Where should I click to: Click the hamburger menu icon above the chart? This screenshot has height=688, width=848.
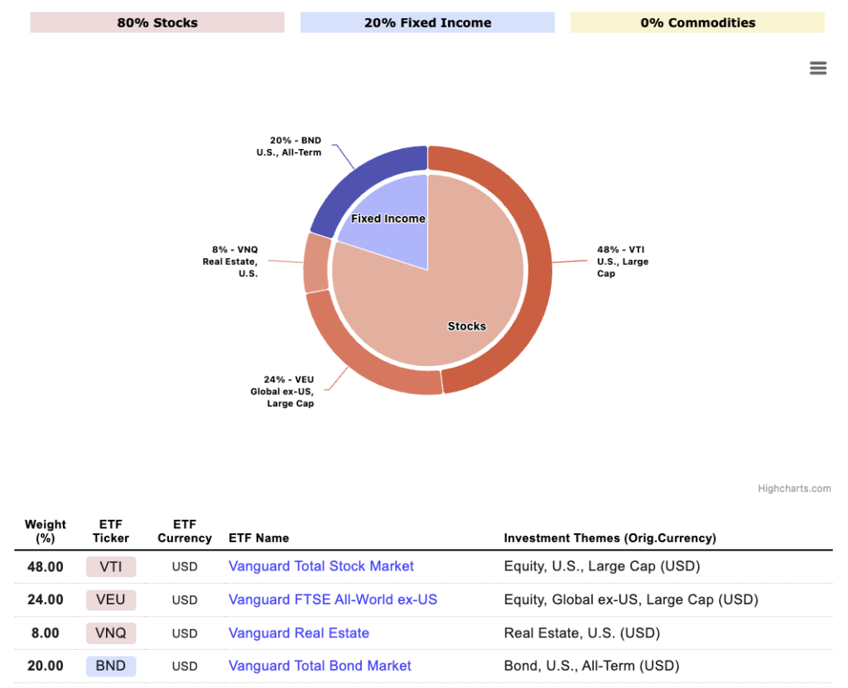click(x=818, y=69)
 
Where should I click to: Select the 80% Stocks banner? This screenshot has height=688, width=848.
click(x=157, y=22)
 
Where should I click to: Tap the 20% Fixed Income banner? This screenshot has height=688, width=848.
click(x=427, y=22)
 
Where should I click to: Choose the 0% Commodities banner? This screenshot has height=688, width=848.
click(x=697, y=22)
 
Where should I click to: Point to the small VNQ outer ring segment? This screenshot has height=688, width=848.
click(x=316, y=263)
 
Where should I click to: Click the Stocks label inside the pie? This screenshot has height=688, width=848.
click(x=466, y=326)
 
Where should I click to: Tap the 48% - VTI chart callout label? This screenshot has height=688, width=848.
click(x=623, y=261)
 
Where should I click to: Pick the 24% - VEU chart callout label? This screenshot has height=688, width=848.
click(x=282, y=392)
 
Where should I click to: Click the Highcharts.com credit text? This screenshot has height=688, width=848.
click(x=793, y=488)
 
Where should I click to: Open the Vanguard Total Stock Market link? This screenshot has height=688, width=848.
click(x=321, y=566)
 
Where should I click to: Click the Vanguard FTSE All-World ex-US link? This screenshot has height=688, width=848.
click(x=333, y=599)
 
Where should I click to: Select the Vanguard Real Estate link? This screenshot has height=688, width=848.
click(x=299, y=633)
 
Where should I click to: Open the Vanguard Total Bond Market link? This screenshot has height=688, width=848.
click(x=320, y=666)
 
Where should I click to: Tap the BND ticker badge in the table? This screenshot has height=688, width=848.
click(x=111, y=666)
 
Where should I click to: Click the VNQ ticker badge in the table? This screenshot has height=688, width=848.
click(x=111, y=633)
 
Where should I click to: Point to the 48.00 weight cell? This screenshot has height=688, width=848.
click(x=46, y=567)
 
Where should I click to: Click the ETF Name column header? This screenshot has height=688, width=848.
click(x=258, y=538)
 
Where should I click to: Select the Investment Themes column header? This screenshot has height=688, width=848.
click(x=609, y=538)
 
